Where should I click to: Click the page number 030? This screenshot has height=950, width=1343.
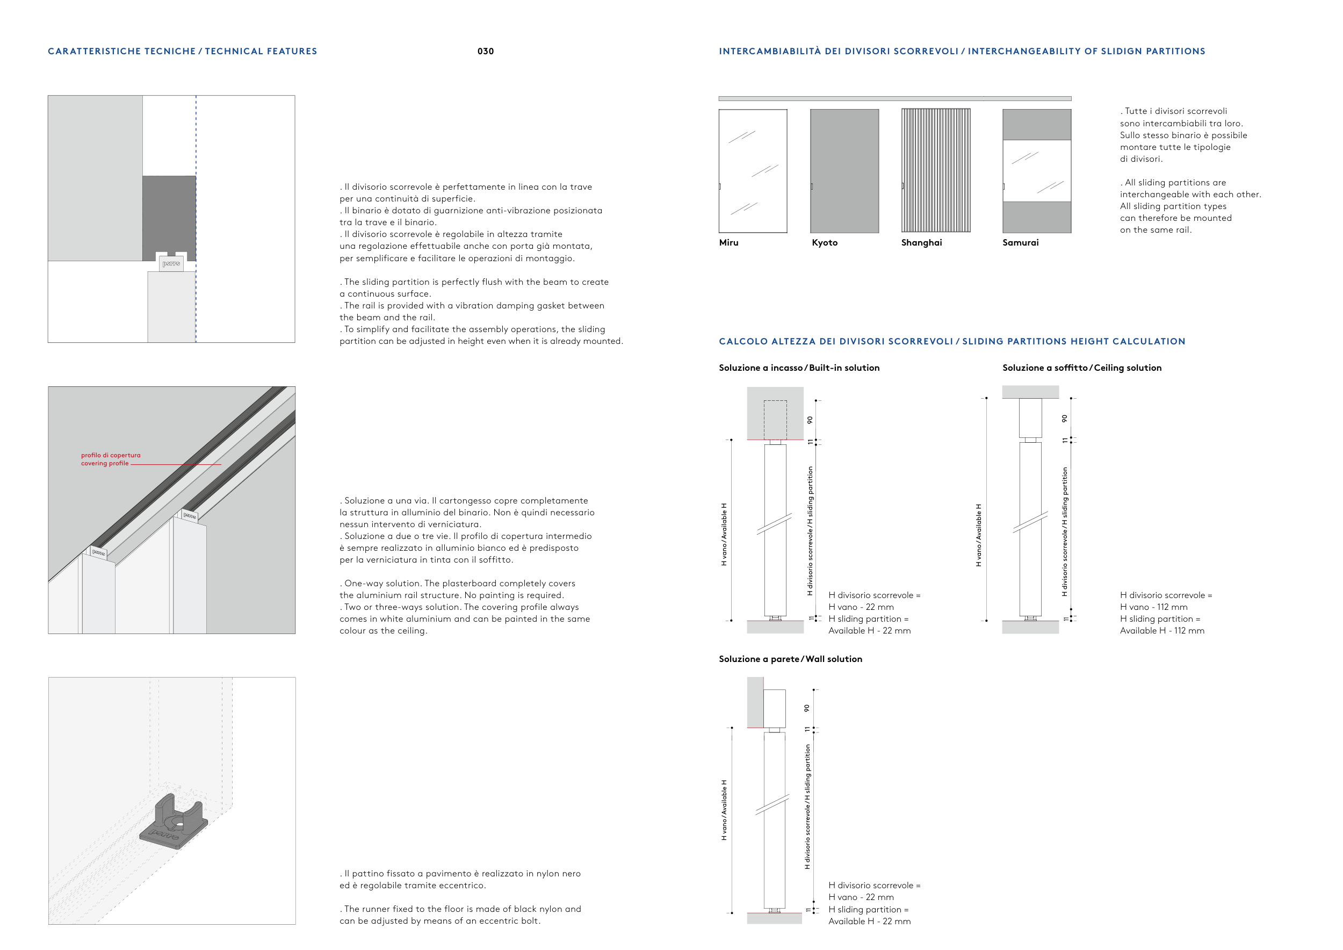point(486,52)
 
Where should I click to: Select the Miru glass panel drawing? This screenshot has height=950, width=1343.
point(753,171)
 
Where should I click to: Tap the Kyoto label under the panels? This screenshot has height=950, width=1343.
point(824,243)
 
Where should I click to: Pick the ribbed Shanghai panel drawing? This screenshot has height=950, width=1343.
point(935,171)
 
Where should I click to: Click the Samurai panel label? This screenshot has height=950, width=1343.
point(1020,243)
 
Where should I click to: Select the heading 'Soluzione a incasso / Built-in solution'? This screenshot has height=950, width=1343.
point(799,368)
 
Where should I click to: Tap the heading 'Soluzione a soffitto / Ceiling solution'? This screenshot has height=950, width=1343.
point(1081,368)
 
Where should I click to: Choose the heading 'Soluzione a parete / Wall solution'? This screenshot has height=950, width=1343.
point(790,659)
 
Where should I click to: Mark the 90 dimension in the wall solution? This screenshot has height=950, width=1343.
point(807,708)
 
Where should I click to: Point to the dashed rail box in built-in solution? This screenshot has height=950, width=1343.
point(775,420)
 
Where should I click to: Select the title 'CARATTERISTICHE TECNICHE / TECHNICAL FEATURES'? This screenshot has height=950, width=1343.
point(183,52)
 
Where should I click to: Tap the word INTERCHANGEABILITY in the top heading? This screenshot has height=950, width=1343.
point(1023,52)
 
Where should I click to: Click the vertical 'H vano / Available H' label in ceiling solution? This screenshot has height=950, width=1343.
point(978,535)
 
